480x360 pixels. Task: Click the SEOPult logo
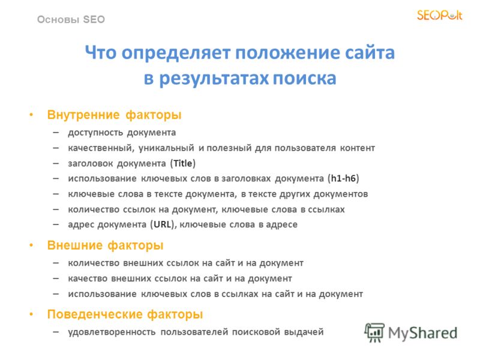click(440, 16)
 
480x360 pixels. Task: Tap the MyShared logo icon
click(374, 332)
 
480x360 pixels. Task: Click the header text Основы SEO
click(71, 20)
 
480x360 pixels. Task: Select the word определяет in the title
click(176, 53)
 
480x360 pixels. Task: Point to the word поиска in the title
click(305, 78)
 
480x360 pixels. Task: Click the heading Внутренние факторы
click(114, 115)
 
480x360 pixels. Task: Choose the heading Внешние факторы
click(106, 245)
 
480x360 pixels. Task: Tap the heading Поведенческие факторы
click(125, 314)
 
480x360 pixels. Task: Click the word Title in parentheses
click(183, 163)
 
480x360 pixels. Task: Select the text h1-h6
click(343, 178)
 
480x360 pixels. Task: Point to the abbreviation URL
click(162, 224)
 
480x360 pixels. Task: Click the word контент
click(358, 148)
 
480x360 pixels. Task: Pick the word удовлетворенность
click(112, 332)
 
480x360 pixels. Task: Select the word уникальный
click(166, 148)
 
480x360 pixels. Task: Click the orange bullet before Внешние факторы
click(31, 245)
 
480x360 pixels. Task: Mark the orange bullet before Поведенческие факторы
click(31, 314)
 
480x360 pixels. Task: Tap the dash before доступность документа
click(56, 133)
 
